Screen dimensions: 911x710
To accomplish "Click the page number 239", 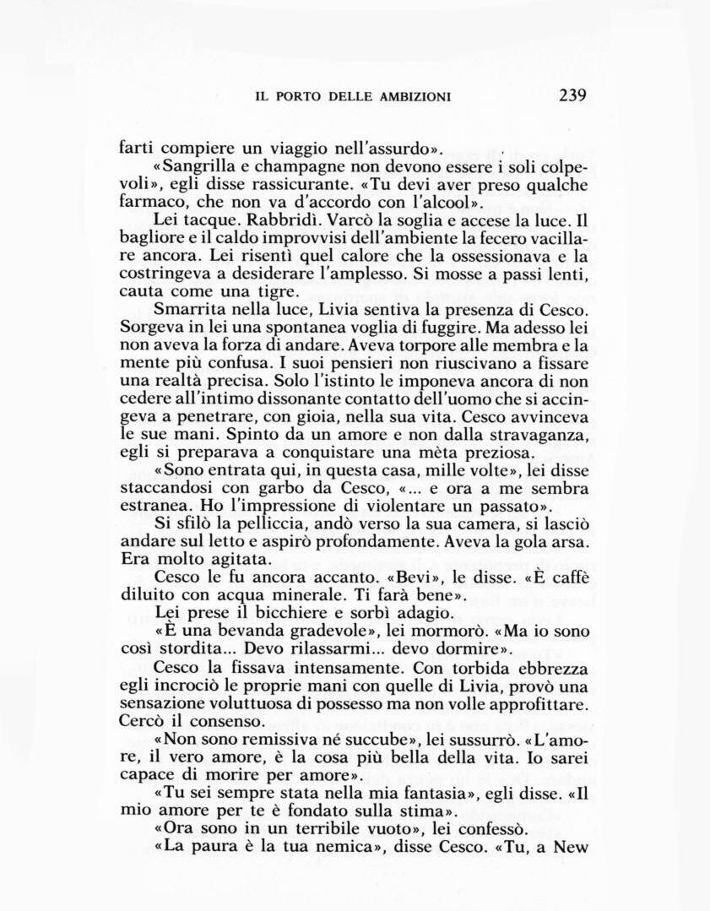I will (x=572, y=95).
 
